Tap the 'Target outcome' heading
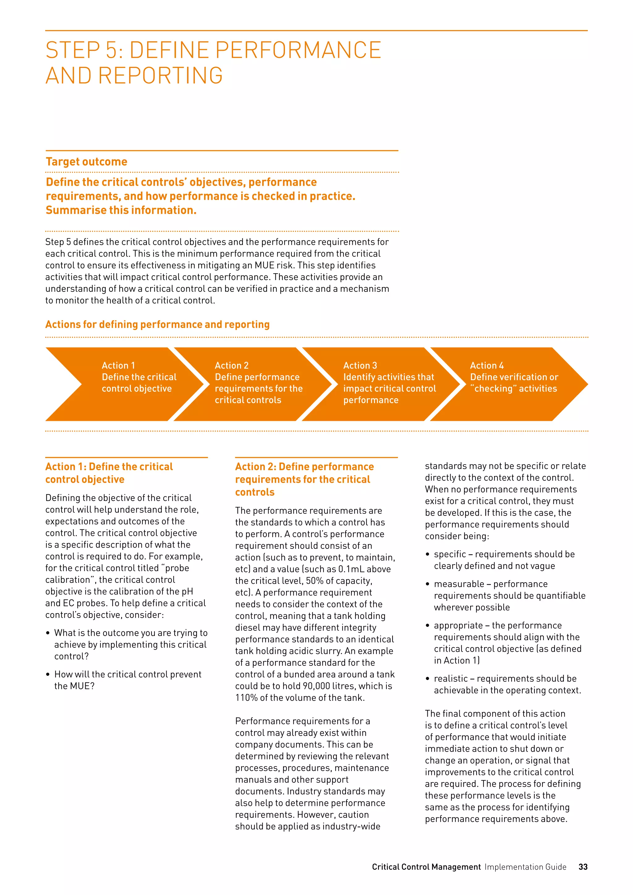pyautogui.click(x=87, y=161)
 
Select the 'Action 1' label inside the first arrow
pyautogui.click(x=118, y=365)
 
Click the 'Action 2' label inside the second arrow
pyautogui.click(x=232, y=365)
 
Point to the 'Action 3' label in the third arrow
pyautogui.click(x=360, y=365)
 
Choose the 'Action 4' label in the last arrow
pyautogui.click(x=487, y=365)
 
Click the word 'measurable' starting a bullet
pyautogui.click(x=459, y=583)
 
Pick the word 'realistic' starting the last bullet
pyautogui.click(x=451, y=678)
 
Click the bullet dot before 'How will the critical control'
pyautogui.click(x=48, y=674)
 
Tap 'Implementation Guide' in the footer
pyautogui.click(x=525, y=867)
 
